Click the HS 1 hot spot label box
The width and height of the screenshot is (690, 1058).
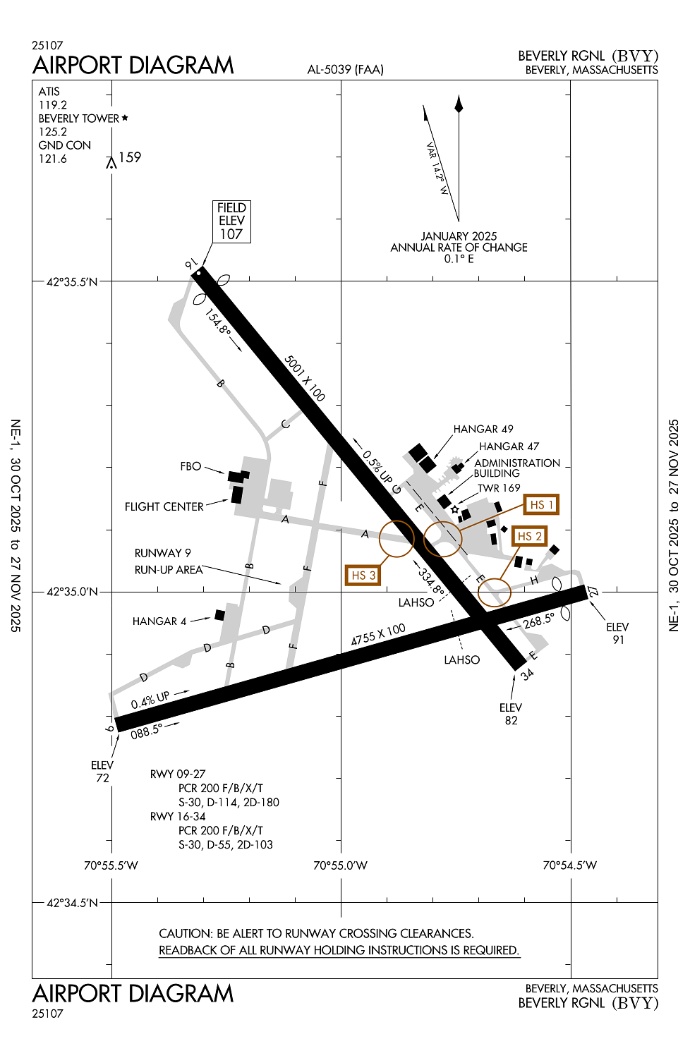tap(541, 505)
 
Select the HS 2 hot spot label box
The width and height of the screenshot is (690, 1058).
tap(529, 537)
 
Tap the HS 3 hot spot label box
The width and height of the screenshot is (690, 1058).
tap(363, 576)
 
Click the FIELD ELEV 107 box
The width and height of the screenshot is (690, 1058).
tap(231, 221)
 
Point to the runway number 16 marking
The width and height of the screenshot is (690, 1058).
tap(190, 264)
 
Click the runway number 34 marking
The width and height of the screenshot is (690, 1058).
tap(527, 674)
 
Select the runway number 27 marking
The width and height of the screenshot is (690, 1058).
tap(593, 591)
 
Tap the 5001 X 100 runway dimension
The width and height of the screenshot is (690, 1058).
tap(305, 378)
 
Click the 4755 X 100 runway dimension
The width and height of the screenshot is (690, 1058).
tap(378, 634)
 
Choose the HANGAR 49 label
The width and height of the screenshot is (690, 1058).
tap(483, 429)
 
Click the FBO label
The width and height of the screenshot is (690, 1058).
tap(190, 466)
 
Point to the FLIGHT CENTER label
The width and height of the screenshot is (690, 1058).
tap(164, 506)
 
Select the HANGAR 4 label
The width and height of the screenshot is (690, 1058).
tap(159, 621)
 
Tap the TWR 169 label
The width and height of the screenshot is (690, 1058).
tap(499, 488)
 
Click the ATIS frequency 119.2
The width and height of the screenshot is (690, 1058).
tap(53, 105)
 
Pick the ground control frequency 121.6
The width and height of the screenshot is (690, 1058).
tap(53, 159)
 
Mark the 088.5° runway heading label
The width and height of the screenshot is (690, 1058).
tap(146, 731)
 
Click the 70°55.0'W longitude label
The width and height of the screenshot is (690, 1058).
tap(340, 865)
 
